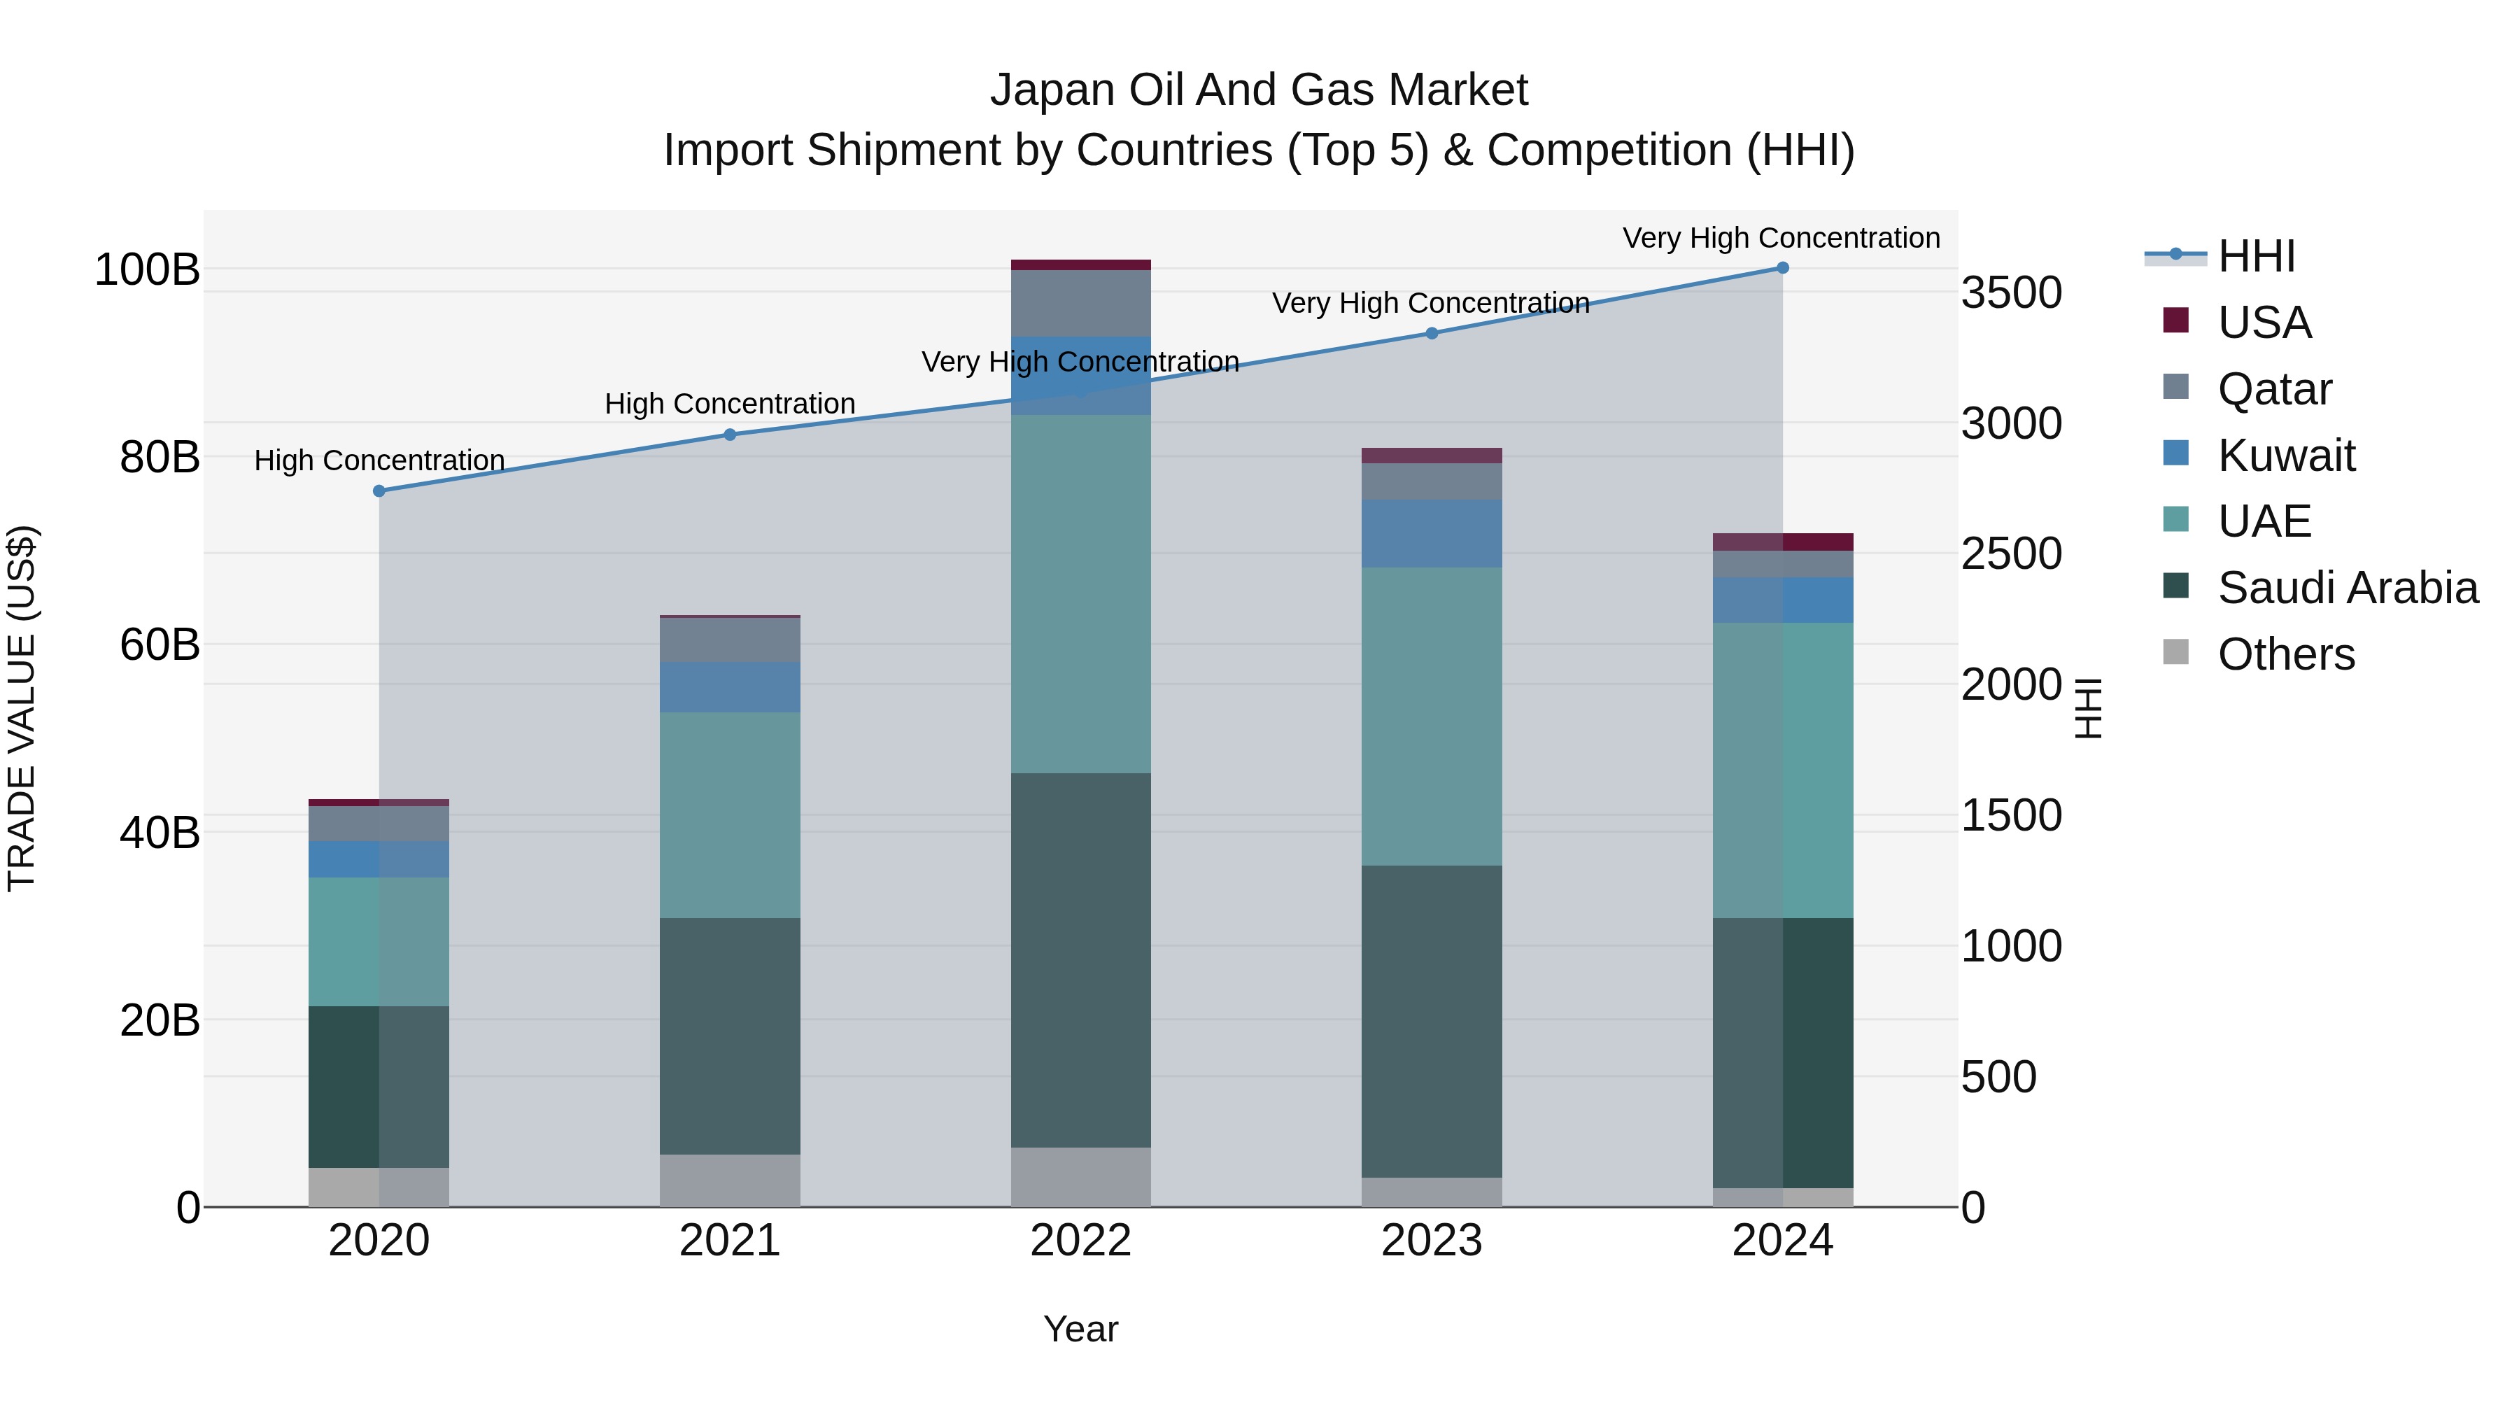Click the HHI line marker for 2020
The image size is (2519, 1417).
click(379, 491)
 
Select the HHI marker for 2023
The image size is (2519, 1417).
click(1432, 334)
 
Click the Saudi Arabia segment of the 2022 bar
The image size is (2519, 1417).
click(1080, 959)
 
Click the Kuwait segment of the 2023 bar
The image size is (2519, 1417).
click(1432, 534)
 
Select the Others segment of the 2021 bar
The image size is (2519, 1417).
click(730, 1180)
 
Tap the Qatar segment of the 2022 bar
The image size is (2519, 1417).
click(1080, 303)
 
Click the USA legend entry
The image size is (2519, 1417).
click(2263, 322)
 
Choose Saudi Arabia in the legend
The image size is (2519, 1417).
click(2347, 588)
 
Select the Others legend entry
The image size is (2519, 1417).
click(2285, 654)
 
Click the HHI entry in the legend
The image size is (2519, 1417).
click(2255, 256)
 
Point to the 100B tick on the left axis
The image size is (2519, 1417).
click(147, 270)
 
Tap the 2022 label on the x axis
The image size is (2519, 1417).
click(1080, 1241)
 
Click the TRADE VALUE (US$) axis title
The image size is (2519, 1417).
click(22, 708)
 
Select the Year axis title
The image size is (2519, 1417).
click(1080, 1329)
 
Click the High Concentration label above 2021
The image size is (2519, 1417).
click(730, 404)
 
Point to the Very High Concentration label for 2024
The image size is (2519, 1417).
click(1781, 238)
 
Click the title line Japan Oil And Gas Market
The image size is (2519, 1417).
click(1259, 90)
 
